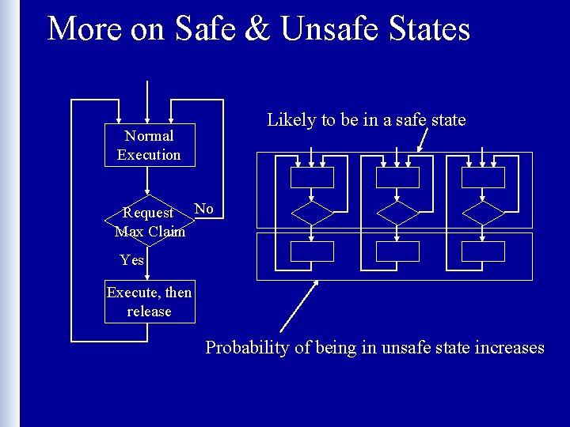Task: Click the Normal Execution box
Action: point(149,145)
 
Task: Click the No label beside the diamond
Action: point(204,209)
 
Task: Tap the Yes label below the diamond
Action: point(132,259)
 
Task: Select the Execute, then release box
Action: point(149,302)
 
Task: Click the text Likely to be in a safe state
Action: point(367,120)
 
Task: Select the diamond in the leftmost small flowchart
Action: point(313,213)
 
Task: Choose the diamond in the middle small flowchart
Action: point(397,213)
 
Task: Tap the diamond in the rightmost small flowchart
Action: point(483,213)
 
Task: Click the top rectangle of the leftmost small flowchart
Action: point(312,177)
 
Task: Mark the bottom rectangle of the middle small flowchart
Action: point(397,251)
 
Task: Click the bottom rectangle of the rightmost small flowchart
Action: point(483,251)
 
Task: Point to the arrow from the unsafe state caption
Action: point(299,306)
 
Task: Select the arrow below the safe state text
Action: point(423,140)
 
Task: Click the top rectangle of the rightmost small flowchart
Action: point(483,177)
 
